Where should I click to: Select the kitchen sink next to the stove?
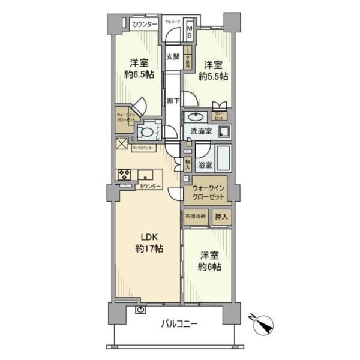(x=146, y=175)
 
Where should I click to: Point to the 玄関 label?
(x=172, y=57)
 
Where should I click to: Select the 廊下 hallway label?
(x=172, y=101)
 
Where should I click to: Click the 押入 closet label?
(x=221, y=216)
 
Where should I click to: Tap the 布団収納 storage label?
(x=196, y=216)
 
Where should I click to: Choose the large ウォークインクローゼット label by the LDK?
(x=209, y=191)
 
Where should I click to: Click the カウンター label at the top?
(x=144, y=24)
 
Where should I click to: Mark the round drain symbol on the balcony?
(x=140, y=310)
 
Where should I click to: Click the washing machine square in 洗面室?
(x=224, y=130)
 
